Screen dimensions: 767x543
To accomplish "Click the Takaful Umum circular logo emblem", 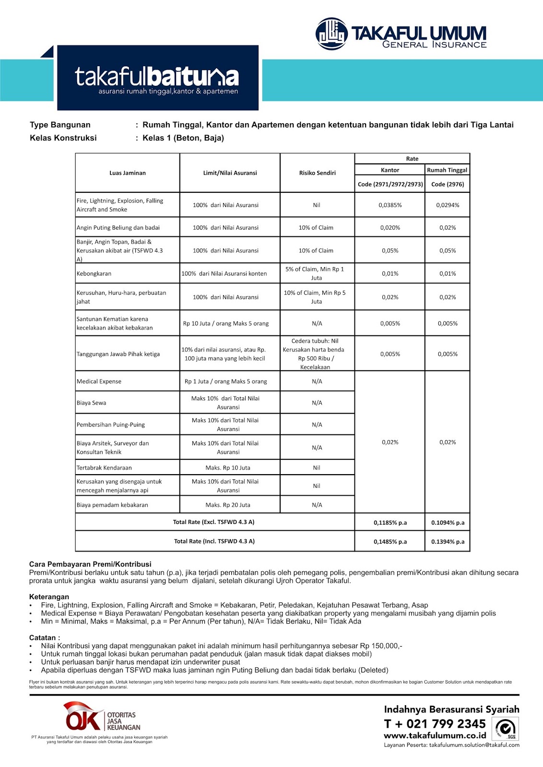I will click(331, 34).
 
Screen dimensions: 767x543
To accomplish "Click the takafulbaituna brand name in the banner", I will click(157, 77).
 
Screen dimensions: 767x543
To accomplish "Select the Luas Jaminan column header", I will click(128, 173).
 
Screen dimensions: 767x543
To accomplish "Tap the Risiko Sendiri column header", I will click(317, 173).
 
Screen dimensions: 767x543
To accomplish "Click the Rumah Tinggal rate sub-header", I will click(447, 170).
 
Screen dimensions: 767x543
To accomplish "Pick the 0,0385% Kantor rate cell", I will click(390, 205).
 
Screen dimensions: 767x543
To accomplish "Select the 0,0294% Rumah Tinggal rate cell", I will click(448, 205).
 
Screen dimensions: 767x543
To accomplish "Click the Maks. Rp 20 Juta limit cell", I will click(228, 505).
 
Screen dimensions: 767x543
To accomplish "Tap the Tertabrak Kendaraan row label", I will click(104, 468).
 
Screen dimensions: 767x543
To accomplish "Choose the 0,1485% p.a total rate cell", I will click(390, 542).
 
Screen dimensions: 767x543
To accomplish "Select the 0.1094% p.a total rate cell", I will click(448, 523).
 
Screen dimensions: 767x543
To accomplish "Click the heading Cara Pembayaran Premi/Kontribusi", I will click(90, 564).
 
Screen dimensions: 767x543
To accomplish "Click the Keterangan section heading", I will click(49, 597).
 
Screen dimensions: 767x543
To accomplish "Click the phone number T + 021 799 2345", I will click(435, 724).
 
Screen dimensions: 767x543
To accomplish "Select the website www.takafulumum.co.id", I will click(435, 735).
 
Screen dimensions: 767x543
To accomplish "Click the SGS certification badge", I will click(507, 729).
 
